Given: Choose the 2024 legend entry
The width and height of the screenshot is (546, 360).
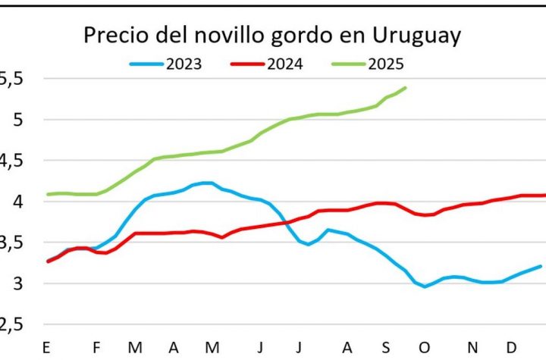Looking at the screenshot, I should click(x=285, y=64).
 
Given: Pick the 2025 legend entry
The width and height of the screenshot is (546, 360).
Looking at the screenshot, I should click(x=386, y=64).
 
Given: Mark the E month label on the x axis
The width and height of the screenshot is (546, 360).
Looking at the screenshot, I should click(x=47, y=348).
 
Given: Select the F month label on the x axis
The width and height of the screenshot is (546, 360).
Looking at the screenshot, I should click(x=97, y=348).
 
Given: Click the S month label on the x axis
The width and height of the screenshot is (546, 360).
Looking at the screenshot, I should click(x=386, y=348).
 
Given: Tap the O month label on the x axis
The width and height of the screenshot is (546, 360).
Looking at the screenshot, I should click(x=427, y=348).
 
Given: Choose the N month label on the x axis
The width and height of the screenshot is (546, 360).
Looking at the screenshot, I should click(x=473, y=348).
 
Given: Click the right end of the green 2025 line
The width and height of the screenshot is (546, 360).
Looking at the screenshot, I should click(x=406, y=87).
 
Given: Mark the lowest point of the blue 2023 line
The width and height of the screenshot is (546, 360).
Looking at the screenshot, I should click(x=425, y=286).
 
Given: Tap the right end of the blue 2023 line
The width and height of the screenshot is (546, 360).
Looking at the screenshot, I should click(x=541, y=266).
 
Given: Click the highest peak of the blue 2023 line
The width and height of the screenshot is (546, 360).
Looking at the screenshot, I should click(x=206, y=183).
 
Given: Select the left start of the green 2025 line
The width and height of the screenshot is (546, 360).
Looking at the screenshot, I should click(x=48, y=195).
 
